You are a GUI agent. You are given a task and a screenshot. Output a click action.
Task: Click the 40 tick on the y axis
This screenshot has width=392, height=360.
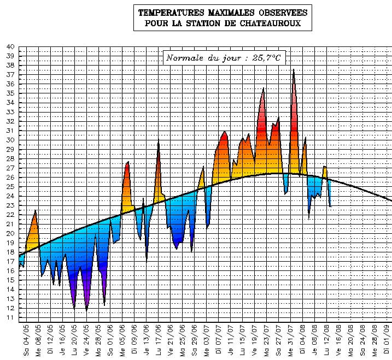(x=10, y=46)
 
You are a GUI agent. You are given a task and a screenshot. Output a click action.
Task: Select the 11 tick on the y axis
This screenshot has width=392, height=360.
(x=10, y=317)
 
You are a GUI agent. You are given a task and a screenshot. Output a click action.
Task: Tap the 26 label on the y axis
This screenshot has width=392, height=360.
(x=10, y=177)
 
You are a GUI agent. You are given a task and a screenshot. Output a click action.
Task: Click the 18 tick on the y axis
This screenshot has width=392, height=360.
(x=10, y=252)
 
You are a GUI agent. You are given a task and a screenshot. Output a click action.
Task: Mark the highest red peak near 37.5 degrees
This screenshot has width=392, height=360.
(x=294, y=69)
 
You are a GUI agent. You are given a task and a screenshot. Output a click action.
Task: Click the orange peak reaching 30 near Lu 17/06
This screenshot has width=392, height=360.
(x=159, y=140)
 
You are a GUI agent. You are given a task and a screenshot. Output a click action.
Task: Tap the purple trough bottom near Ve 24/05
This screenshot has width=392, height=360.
(x=86, y=310)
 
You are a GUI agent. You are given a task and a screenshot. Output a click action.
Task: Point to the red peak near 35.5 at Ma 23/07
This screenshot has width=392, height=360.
(x=264, y=88)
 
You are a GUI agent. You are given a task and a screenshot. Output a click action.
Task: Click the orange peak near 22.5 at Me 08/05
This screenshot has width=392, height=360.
(x=36, y=210)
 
